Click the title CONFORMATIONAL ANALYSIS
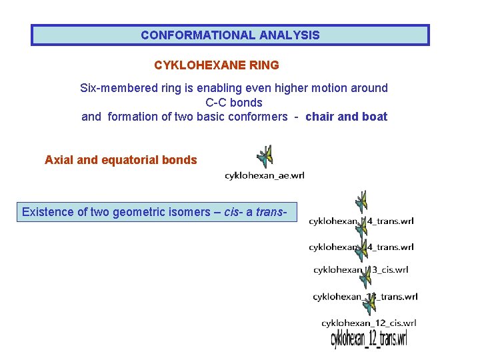(230, 35)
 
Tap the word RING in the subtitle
(265, 65)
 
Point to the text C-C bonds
(234, 103)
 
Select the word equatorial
(133, 160)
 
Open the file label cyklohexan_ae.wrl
(265, 175)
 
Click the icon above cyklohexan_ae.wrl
(265, 157)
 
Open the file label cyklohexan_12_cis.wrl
(369, 323)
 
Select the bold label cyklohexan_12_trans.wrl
(369, 339)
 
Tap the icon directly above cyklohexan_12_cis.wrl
(369, 306)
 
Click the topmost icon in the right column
(361, 201)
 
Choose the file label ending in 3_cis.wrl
(361, 270)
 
